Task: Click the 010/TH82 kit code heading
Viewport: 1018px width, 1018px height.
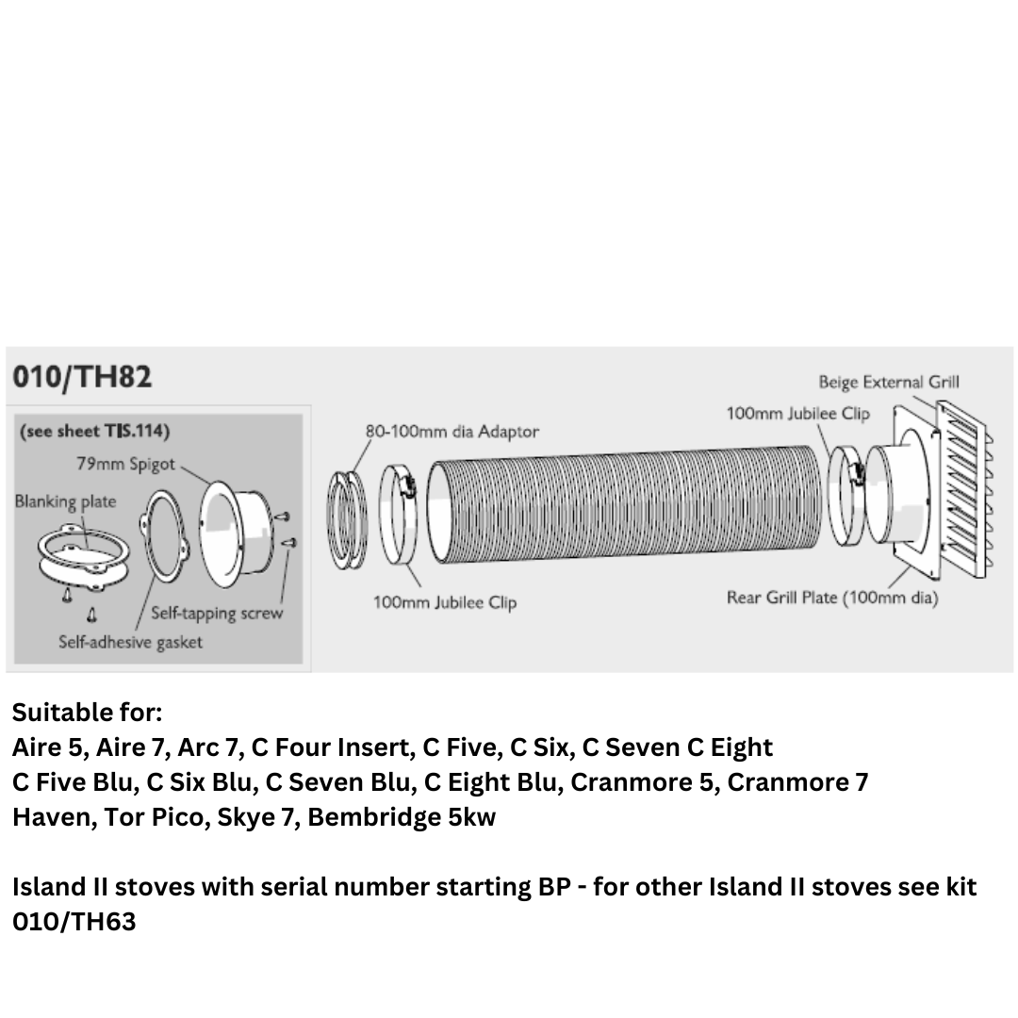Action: click(82, 377)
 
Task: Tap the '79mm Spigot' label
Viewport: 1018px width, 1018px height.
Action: click(126, 464)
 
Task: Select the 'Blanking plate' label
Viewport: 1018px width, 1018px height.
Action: click(66, 501)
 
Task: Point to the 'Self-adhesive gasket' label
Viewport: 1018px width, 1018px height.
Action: click(130, 642)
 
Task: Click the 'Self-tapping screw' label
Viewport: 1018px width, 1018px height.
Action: click(217, 614)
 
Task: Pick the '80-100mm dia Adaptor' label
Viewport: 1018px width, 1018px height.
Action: click(452, 432)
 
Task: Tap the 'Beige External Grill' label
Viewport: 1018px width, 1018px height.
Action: click(889, 383)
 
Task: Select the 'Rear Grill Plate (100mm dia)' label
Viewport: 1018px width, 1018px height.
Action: click(832, 598)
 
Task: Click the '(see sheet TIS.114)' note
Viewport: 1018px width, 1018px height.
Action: click(95, 432)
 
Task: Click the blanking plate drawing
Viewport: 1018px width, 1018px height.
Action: click(83, 558)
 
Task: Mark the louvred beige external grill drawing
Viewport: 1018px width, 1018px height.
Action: click(964, 489)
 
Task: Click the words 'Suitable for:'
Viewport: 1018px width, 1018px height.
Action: click(87, 713)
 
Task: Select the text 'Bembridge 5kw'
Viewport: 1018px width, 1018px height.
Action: click(402, 817)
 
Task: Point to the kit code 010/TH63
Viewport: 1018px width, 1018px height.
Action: click(74, 922)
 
